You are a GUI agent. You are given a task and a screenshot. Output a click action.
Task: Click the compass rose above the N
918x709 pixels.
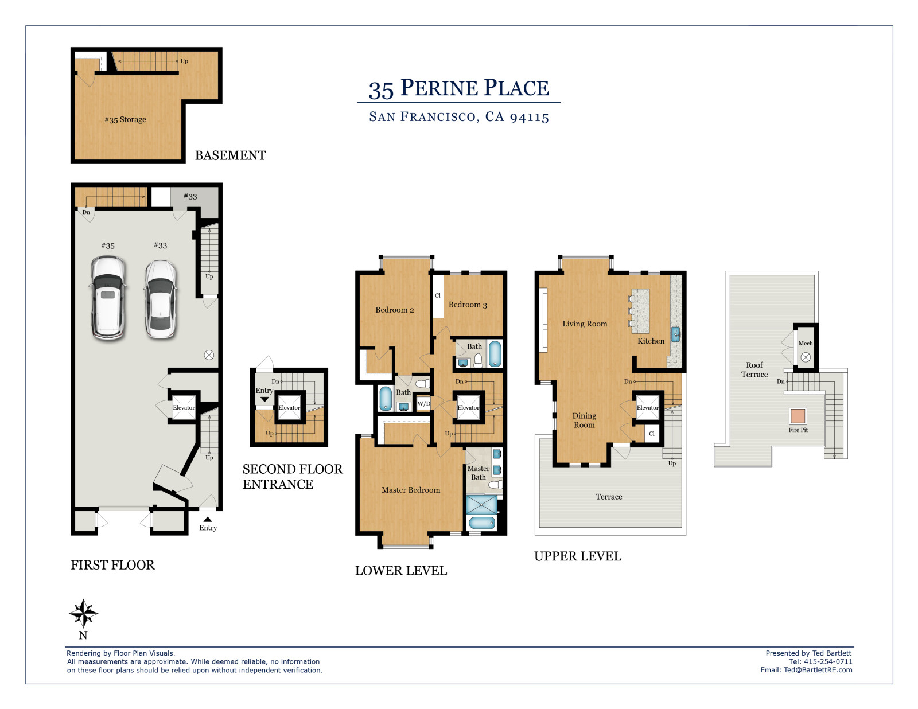[83, 613]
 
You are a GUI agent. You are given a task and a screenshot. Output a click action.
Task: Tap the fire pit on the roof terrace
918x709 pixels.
[798, 416]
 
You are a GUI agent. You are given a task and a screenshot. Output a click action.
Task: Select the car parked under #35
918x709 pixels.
[108, 298]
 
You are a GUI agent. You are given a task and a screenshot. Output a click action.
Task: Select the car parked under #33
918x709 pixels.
[161, 299]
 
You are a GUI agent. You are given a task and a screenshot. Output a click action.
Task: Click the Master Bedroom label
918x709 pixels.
[411, 490]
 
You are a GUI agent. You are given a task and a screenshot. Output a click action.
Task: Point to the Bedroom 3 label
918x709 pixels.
[468, 305]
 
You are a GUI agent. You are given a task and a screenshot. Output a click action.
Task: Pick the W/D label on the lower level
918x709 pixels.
[424, 403]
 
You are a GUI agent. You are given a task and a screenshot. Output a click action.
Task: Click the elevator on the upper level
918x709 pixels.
[648, 407]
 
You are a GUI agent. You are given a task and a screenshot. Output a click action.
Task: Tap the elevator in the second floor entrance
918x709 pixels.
[289, 407]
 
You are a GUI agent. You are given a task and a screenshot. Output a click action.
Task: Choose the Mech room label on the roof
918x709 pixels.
[805, 343]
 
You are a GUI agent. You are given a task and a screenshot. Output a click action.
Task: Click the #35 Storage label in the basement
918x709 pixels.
[126, 119]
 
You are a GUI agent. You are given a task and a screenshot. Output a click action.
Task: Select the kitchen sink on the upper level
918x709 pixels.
[675, 334]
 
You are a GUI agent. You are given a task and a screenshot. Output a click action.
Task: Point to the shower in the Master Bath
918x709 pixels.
[481, 505]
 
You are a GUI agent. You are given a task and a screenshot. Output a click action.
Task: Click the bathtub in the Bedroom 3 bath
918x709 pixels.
[495, 353]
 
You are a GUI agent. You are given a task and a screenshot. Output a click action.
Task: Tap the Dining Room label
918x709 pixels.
[584, 420]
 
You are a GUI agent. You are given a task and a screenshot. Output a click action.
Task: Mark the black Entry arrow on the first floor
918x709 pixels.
[208, 519]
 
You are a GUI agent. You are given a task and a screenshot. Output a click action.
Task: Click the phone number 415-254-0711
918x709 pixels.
[828, 661]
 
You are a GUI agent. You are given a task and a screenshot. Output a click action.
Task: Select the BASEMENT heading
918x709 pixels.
[230, 155]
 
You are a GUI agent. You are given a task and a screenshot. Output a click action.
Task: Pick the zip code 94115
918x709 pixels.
[530, 117]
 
